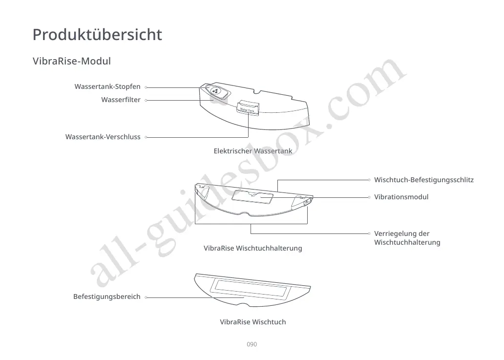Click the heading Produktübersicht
(97, 35)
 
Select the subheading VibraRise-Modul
(72, 62)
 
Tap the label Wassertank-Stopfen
(107, 87)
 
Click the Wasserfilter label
(121, 100)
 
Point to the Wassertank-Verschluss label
(103, 137)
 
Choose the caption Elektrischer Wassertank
(252, 151)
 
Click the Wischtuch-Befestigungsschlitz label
(423, 180)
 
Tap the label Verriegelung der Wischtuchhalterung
(407, 238)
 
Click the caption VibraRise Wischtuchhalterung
(252, 248)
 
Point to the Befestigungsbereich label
(106, 297)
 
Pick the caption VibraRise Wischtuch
(252, 322)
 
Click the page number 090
(252, 344)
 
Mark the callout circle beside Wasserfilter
(147, 101)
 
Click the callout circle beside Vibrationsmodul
(369, 197)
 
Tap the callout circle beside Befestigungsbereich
(147, 297)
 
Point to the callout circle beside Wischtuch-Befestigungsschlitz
(369, 180)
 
